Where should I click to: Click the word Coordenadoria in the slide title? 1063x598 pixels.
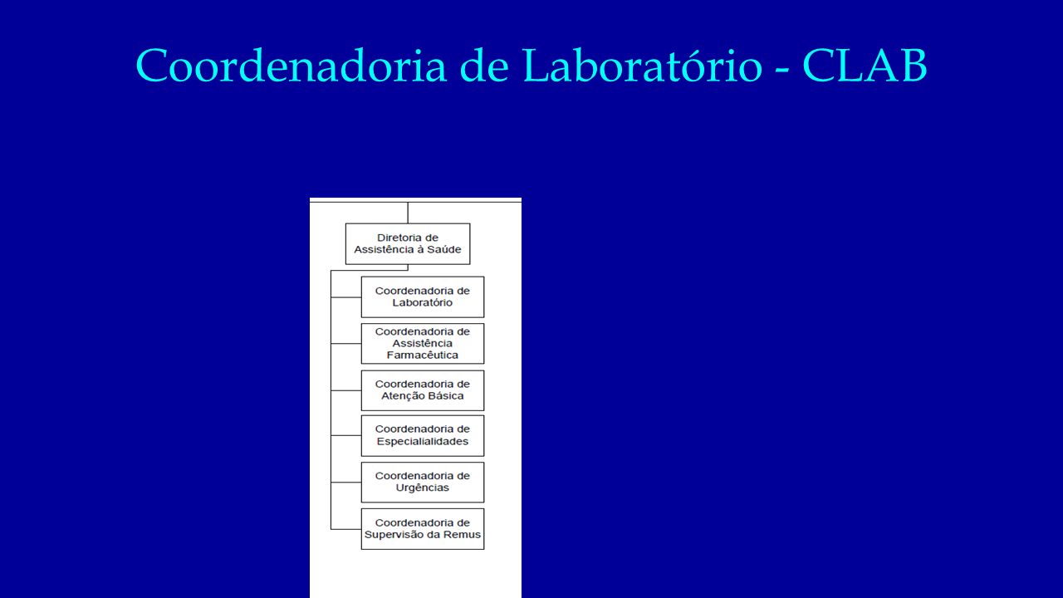point(291,66)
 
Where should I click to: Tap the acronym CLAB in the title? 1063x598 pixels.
point(865,66)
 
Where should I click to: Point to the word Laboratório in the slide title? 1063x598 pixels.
point(643,66)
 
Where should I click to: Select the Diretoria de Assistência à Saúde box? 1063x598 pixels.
point(408,244)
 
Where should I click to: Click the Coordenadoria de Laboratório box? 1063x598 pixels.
point(423,297)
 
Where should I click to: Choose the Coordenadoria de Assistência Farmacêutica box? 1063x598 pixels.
point(423,344)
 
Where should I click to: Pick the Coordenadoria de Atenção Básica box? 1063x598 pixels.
point(423,390)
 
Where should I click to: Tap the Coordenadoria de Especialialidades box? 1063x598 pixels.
point(423,436)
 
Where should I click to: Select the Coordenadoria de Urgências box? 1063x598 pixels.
point(423,483)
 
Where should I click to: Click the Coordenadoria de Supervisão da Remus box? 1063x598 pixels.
point(423,529)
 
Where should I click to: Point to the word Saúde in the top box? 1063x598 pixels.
point(443,250)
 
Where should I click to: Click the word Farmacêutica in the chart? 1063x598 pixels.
point(423,355)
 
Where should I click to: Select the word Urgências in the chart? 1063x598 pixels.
point(423,488)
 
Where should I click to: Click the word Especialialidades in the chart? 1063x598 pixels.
point(423,441)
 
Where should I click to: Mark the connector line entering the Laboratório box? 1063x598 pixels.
point(346,297)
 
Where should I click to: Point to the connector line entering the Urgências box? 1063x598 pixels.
point(346,483)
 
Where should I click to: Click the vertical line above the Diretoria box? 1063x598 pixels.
point(408,213)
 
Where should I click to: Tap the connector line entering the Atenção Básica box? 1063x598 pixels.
point(346,390)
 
